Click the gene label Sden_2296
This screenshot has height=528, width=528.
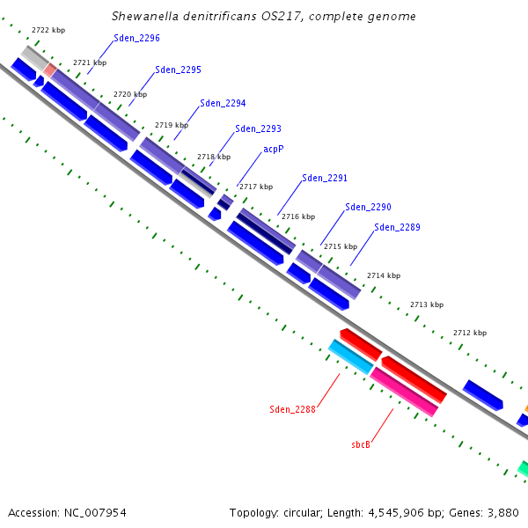click(136, 39)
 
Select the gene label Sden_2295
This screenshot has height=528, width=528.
click(178, 70)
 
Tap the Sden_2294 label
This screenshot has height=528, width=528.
click(223, 103)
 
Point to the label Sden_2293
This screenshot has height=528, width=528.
click(258, 129)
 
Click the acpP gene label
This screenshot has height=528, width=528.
click(274, 150)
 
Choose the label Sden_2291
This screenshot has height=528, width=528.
click(325, 178)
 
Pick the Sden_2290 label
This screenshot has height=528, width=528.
click(368, 207)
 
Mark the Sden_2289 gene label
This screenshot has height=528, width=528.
click(397, 227)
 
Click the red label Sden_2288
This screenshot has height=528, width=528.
click(292, 409)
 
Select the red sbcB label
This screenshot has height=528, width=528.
click(361, 444)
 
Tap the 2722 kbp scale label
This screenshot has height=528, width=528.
click(48, 30)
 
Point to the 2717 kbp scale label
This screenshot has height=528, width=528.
click(256, 187)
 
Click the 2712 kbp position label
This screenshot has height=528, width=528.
click(470, 333)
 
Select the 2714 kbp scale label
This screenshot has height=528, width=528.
click(384, 275)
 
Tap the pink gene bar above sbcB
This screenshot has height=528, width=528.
click(404, 392)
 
